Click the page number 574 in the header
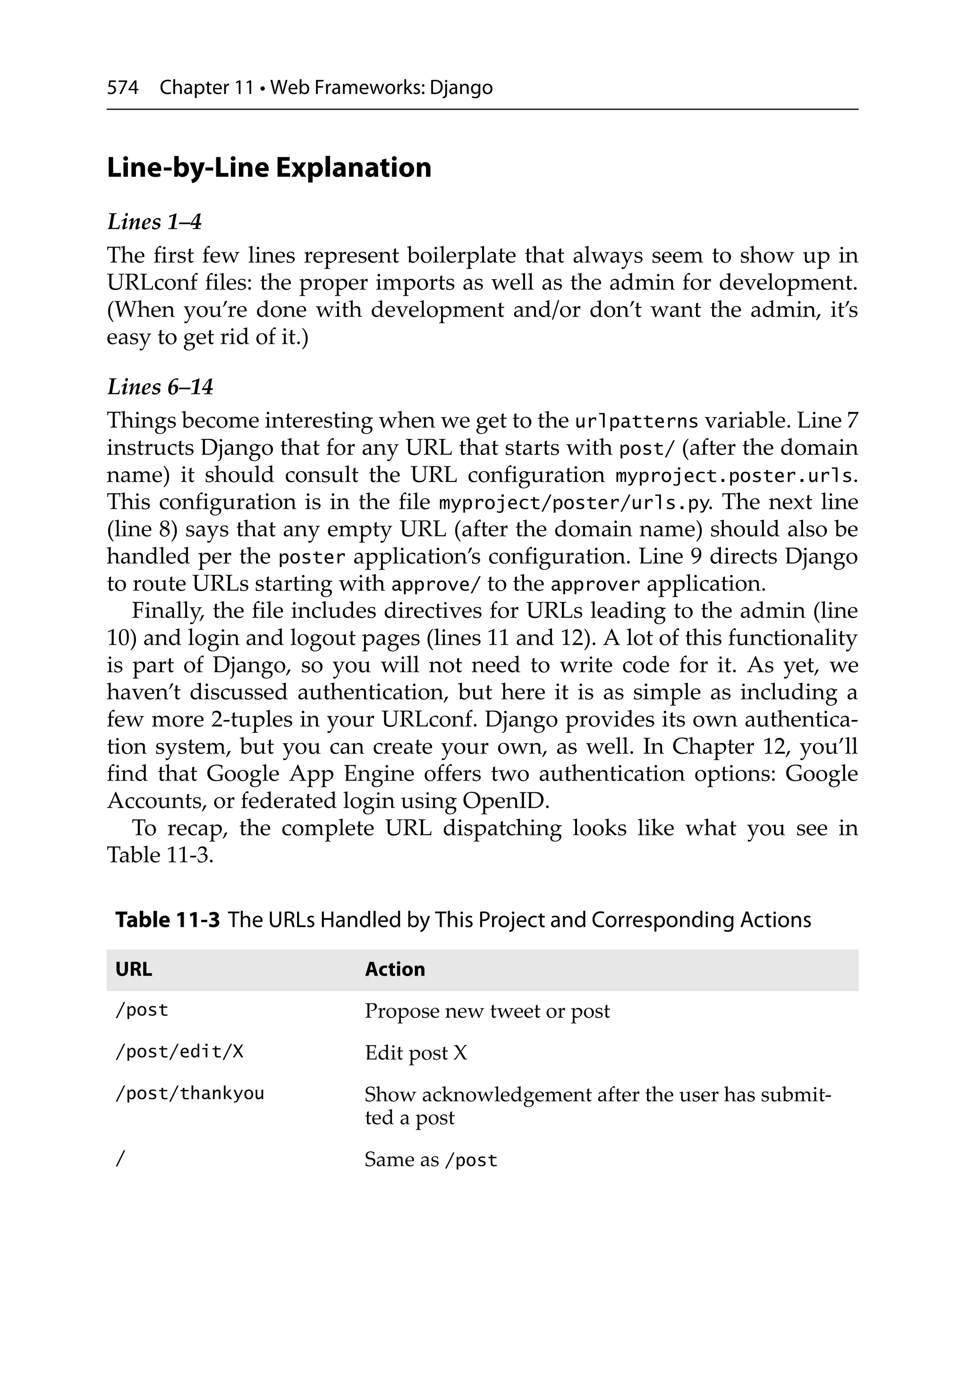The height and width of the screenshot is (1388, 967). pos(123,88)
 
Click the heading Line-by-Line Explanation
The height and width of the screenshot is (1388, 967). pos(269,167)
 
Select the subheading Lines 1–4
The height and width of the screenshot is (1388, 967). pos(154,222)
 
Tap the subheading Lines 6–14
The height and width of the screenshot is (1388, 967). pos(160,387)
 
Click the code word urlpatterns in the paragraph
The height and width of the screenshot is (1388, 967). pos(636,421)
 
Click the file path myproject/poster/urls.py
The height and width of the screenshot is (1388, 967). pos(573,503)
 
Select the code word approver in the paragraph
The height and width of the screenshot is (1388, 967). pos(595,584)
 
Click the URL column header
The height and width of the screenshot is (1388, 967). pos(134,970)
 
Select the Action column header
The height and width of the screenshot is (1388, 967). pos(395,970)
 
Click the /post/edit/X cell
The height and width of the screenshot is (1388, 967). pos(179,1052)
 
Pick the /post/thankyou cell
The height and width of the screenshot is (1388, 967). pos(190,1094)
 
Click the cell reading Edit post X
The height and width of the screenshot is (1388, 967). pos(416,1053)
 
